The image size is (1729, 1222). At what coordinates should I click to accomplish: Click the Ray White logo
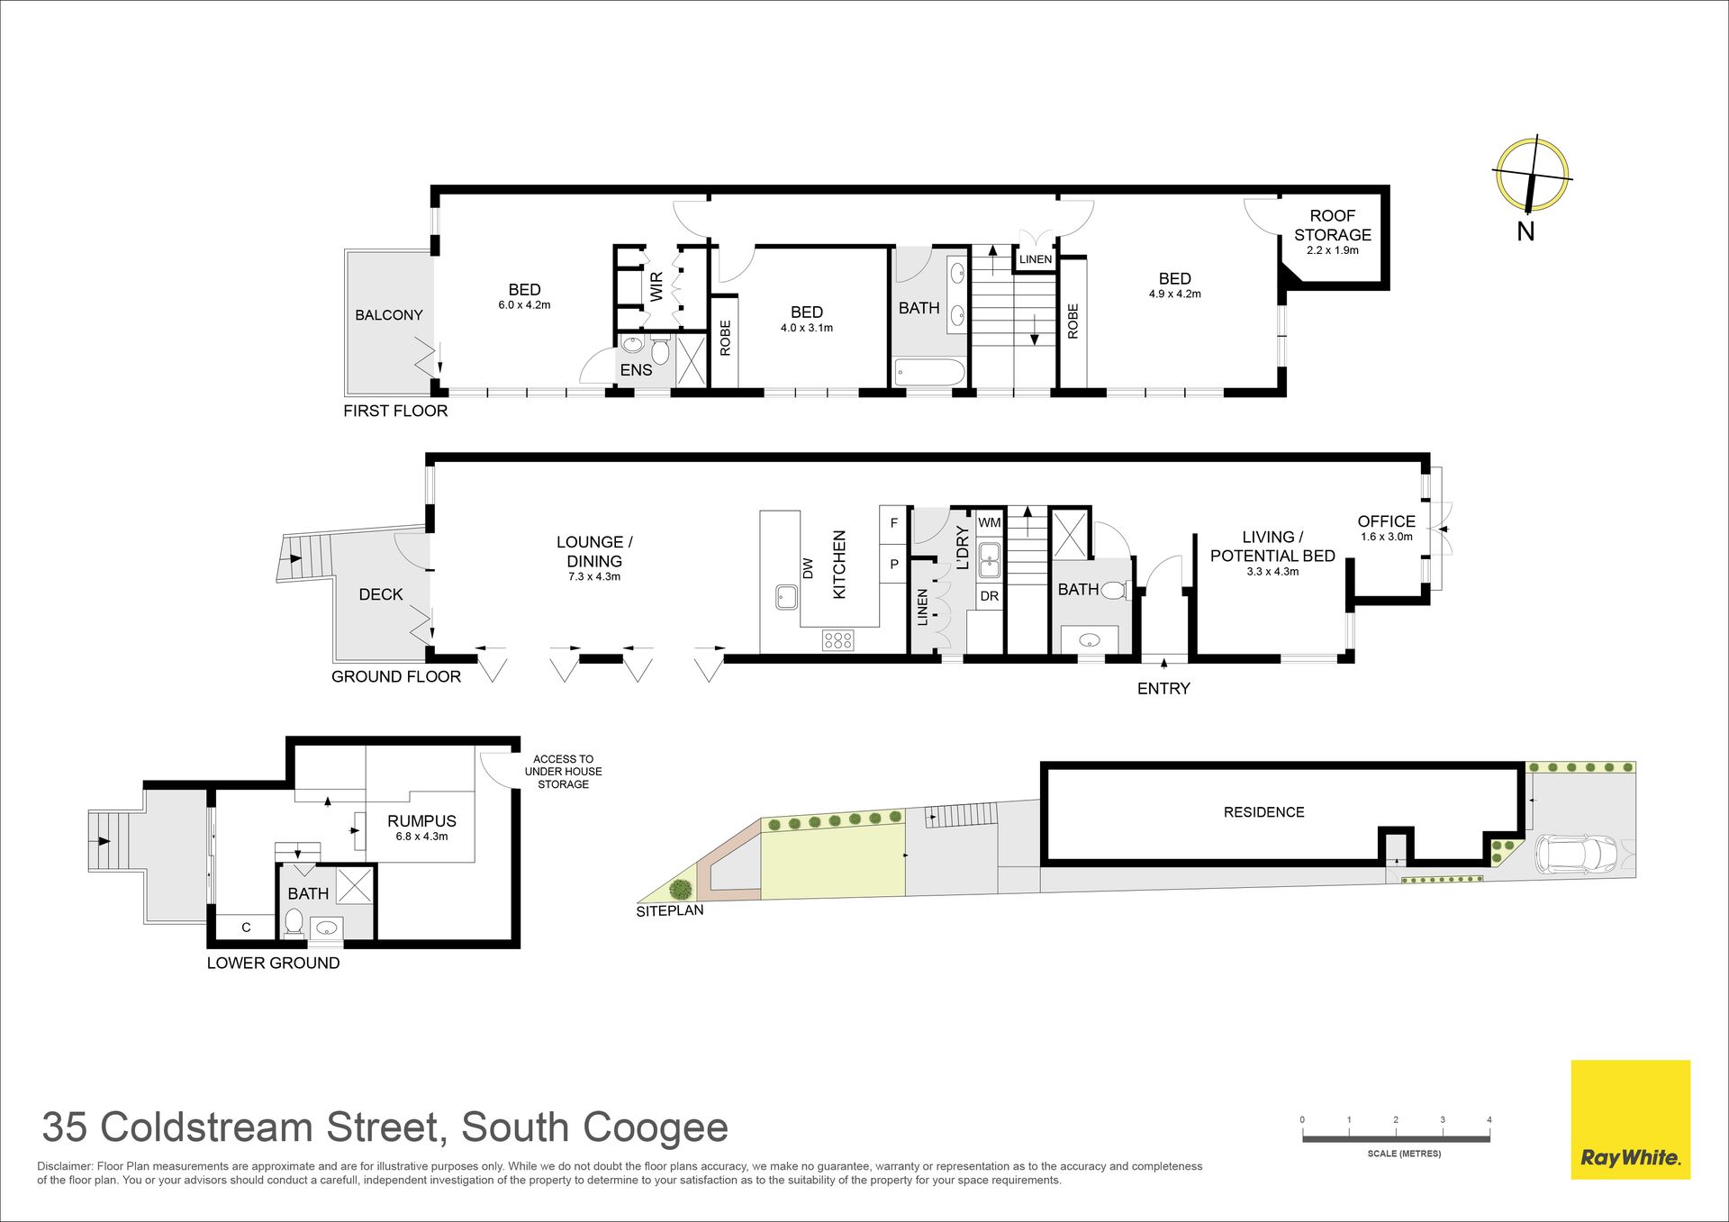tap(1630, 1119)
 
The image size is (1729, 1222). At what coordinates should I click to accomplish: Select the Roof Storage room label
tap(1333, 225)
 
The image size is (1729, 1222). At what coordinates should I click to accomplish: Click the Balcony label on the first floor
tap(389, 315)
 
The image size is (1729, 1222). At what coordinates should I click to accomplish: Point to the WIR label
tap(656, 286)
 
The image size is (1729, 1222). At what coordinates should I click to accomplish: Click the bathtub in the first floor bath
tap(930, 372)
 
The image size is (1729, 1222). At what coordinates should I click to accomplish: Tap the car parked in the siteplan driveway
tap(1576, 855)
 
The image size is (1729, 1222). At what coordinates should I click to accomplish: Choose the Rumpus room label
tap(421, 821)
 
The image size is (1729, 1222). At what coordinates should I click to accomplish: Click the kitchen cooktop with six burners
tap(837, 640)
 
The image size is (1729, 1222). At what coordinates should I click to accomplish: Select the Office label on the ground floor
tap(1386, 521)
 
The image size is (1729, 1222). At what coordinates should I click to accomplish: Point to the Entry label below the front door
tap(1163, 689)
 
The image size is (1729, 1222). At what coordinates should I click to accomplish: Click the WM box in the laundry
tap(990, 523)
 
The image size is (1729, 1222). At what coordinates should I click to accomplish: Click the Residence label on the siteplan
tap(1263, 812)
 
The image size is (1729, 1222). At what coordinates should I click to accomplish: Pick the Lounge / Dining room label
tap(594, 551)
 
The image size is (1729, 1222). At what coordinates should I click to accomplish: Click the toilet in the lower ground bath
tap(294, 920)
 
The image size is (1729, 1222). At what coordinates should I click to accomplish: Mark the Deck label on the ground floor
tap(381, 594)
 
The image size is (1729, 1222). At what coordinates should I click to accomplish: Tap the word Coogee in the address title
tap(656, 1129)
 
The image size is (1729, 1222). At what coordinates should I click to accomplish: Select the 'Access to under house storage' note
tap(564, 772)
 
